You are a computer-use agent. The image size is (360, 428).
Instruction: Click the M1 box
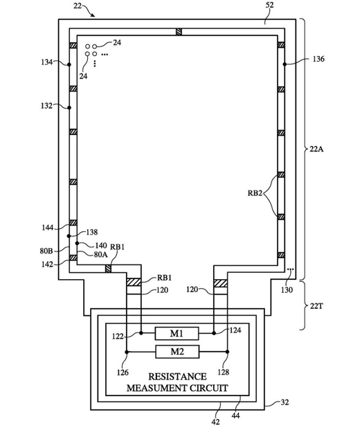click(177, 333)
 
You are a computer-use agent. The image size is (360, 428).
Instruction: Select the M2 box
click(177, 352)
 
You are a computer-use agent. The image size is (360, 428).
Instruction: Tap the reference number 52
click(269, 5)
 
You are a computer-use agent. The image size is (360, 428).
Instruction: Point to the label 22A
click(316, 149)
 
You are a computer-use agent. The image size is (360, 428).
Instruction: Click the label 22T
click(316, 306)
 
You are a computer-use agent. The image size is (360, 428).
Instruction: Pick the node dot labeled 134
click(69, 64)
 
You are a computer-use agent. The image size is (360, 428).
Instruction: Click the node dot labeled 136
click(285, 64)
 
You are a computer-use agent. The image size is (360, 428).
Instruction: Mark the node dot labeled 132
click(69, 107)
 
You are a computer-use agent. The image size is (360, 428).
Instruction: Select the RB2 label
click(255, 193)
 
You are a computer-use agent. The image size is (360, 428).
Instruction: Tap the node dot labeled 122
click(141, 333)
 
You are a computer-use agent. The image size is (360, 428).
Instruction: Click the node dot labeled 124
click(214, 333)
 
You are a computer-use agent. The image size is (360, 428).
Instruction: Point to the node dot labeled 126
click(127, 352)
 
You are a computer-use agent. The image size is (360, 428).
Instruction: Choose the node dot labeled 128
click(228, 352)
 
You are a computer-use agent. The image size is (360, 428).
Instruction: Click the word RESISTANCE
click(177, 377)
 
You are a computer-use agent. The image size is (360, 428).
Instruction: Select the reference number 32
click(285, 402)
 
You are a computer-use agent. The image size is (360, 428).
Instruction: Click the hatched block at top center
click(179, 32)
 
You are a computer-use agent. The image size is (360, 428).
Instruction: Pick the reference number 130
click(287, 289)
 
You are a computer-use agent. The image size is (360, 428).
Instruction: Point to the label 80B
click(46, 251)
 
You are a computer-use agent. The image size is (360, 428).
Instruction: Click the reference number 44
click(236, 415)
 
